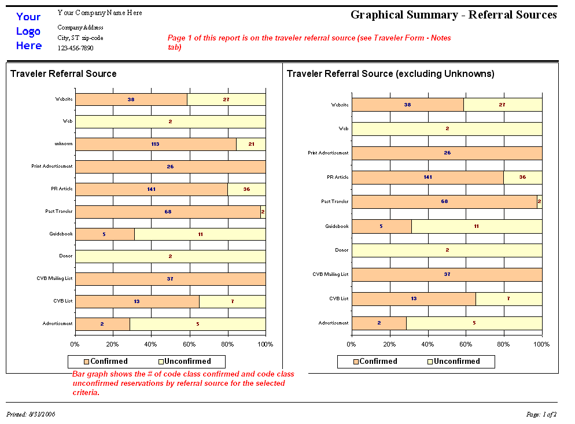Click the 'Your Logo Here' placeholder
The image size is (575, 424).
28,31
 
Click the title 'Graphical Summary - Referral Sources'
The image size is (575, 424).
454,15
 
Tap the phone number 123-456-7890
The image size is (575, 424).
75,48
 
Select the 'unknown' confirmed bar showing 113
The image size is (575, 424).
155,144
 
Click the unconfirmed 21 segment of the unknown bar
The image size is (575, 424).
250,144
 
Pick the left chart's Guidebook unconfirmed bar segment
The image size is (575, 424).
200,234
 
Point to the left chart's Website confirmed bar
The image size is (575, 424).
131,99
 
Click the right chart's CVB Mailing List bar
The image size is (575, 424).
447,274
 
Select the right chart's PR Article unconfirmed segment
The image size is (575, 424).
522,177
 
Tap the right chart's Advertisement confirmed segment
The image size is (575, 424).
379,323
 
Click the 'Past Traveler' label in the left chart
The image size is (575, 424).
60,212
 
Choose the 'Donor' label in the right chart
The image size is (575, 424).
342,250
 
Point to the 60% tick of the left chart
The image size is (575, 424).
189,345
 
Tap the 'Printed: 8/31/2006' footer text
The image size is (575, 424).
31,414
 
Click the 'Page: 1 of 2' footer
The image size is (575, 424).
541,414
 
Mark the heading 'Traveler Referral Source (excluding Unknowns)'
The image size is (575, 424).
390,74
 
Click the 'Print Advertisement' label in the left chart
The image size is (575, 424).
52,167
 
